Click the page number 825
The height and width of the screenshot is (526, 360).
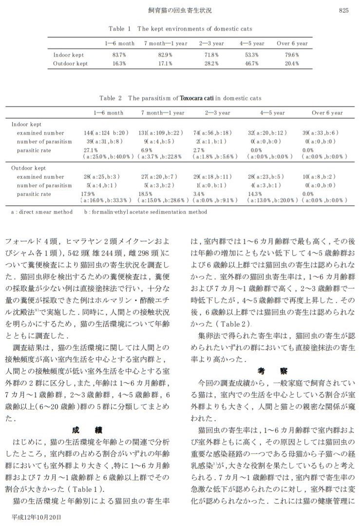pos(343,10)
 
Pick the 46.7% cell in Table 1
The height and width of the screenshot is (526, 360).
pos(252,63)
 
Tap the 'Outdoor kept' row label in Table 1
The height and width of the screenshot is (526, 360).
pos(71,63)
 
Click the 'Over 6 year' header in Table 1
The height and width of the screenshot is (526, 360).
pos(292,43)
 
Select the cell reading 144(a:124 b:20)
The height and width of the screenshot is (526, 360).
pos(106,133)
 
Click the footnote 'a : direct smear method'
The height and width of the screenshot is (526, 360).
pos(41,212)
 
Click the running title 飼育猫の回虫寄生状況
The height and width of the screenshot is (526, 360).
pos(180,10)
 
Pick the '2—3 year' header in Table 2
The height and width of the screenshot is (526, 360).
pos(218,113)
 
